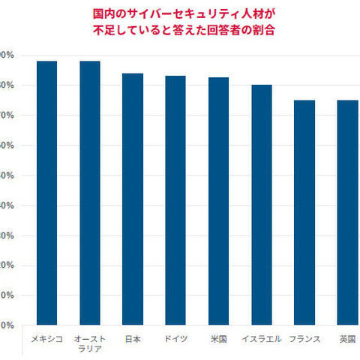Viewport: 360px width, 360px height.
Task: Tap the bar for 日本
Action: pos(133,199)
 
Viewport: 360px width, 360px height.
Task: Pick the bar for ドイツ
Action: pos(175,200)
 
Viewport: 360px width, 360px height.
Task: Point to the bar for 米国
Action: pos(218,201)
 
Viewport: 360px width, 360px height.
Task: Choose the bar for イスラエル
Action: pos(262,205)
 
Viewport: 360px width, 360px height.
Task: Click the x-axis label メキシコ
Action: pos(46,339)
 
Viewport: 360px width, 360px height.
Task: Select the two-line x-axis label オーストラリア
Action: pos(90,343)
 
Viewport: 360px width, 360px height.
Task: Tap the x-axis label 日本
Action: pos(133,339)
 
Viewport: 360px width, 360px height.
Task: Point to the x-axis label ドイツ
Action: pos(175,339)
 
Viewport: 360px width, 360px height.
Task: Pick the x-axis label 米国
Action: pos(218,339)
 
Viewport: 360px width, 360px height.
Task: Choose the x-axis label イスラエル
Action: pos(262,339)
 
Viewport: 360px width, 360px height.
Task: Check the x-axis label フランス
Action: pos(304,339)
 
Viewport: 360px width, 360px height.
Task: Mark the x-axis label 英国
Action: pos(347,339)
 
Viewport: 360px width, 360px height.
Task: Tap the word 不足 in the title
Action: pos(102,31)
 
